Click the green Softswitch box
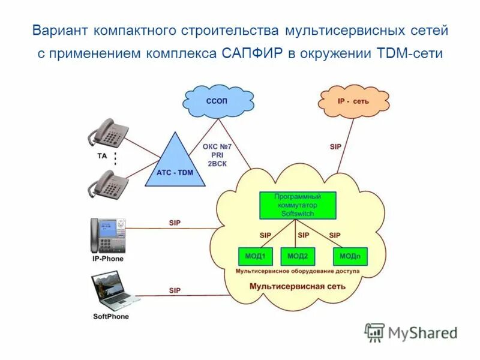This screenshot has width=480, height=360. click(x=298, y=205)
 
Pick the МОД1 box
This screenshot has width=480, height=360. click(x=255, y=256)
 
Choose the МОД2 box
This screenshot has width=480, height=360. click(x=298, y=256)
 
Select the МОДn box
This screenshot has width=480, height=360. click(x=350, y=256)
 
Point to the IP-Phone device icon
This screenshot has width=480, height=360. click(x=108, y=235)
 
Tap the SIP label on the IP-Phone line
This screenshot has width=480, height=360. click(x=175, y=223)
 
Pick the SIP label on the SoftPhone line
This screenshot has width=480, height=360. click(x=175, y=290)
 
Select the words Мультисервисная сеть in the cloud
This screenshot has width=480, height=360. click(x=298, y=286)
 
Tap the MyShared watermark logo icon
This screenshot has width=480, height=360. click(x=375, y=332)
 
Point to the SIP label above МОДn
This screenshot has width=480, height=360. click(x=335, y=235)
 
